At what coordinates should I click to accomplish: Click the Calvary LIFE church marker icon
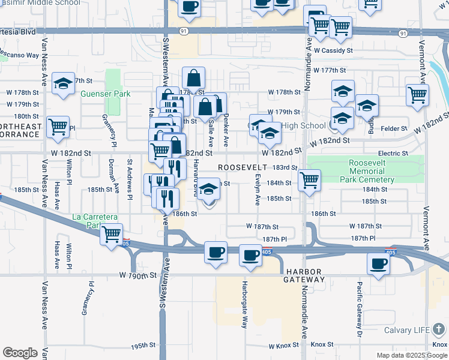(x=440, y=329)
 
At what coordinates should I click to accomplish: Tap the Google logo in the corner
(x=20, y=353)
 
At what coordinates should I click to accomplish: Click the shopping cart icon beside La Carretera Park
(x=111, y=233)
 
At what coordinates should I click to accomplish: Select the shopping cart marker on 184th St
(x=309, y=179)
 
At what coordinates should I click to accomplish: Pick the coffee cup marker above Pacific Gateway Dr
(x=378, y=263)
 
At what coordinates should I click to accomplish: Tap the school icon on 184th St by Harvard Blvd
(x=208, y=189)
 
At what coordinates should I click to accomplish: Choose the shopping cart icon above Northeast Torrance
(x=58, y=127)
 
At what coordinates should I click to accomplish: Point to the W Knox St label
(x=287, y=346)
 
